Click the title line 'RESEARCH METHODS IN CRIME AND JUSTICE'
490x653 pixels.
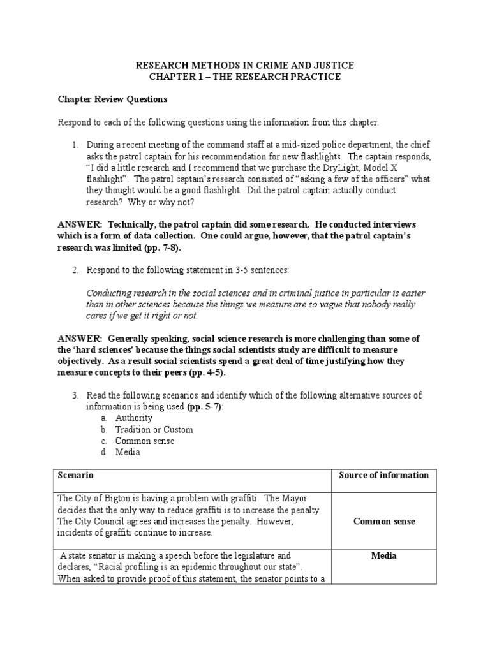[245, 66]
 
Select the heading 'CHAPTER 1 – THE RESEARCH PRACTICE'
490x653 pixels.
[245, 77]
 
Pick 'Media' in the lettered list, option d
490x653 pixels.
[128, 452]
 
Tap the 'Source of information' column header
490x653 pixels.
[384, 475]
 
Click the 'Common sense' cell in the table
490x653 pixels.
[384, 521]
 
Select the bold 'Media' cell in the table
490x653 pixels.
[384, 555]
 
